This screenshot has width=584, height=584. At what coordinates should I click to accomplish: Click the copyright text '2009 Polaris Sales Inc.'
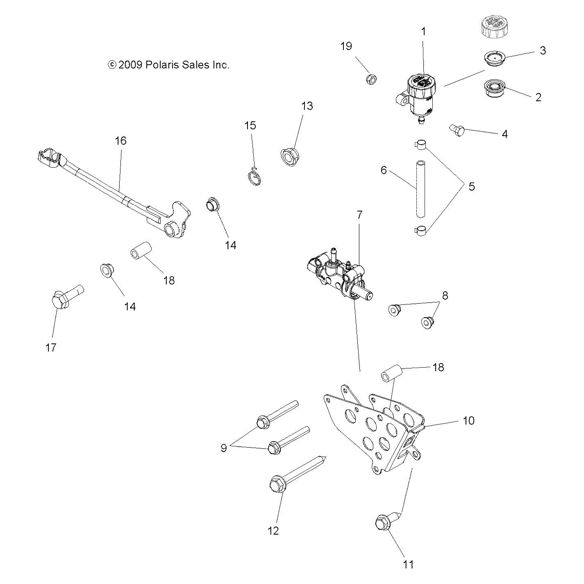pyautogui.click(x=168, y=65)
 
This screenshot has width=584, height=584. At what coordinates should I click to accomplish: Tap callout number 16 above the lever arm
pyautogui.click(x=120, y=141)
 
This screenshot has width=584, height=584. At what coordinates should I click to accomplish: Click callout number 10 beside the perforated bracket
pyautogui.click(x=468, y=420)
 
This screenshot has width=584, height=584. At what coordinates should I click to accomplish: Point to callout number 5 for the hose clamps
pyautogui.click(x=471, y=186)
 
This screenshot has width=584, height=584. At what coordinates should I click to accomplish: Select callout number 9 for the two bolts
pyautogui.click(x=224, y=448)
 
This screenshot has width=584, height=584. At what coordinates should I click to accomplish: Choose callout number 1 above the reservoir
pyautogui.click(x=423, y=31)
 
